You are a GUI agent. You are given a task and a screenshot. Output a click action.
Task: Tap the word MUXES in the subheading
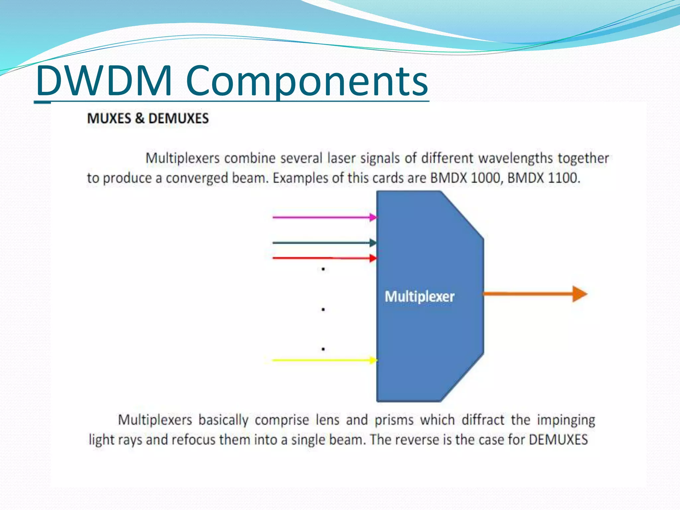click(x=109, y=119)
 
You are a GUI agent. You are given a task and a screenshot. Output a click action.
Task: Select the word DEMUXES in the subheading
click(x=178, y=119)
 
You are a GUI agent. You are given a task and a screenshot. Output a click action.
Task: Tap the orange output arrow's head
click(x=579, y=294)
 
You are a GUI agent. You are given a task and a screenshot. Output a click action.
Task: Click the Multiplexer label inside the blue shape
click(x=419, y=297)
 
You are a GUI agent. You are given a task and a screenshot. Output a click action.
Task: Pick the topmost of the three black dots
click(x=323, y=269)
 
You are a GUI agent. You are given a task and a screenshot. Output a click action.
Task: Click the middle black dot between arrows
click(x=323, y=309)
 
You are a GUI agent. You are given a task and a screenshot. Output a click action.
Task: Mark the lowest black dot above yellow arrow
click(x=323, y=349)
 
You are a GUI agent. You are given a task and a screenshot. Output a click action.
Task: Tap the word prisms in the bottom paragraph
click(x=394, y=420)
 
